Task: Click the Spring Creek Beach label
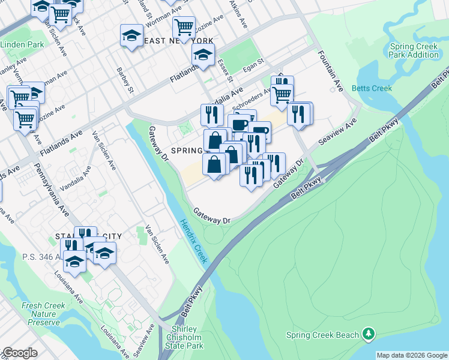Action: pyautogui.click(x=322, y=335)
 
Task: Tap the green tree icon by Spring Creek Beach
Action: pyautogui.click(x=369, y=334)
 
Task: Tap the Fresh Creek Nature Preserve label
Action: pyautogui.click(x=43, y=314)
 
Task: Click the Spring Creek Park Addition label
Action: pyautogui.click(x=414, y=50)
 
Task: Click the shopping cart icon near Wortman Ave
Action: pyautogui.click(x=184, y=26)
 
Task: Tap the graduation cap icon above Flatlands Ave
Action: pyautogui.click(x=203, y=55)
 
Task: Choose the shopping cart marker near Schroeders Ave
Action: pyautogui.click(x=281, y=93)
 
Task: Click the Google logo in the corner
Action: pyautogui.click(x=20, y=353)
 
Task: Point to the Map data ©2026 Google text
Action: pyautogui.click(x=412, y=355)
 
